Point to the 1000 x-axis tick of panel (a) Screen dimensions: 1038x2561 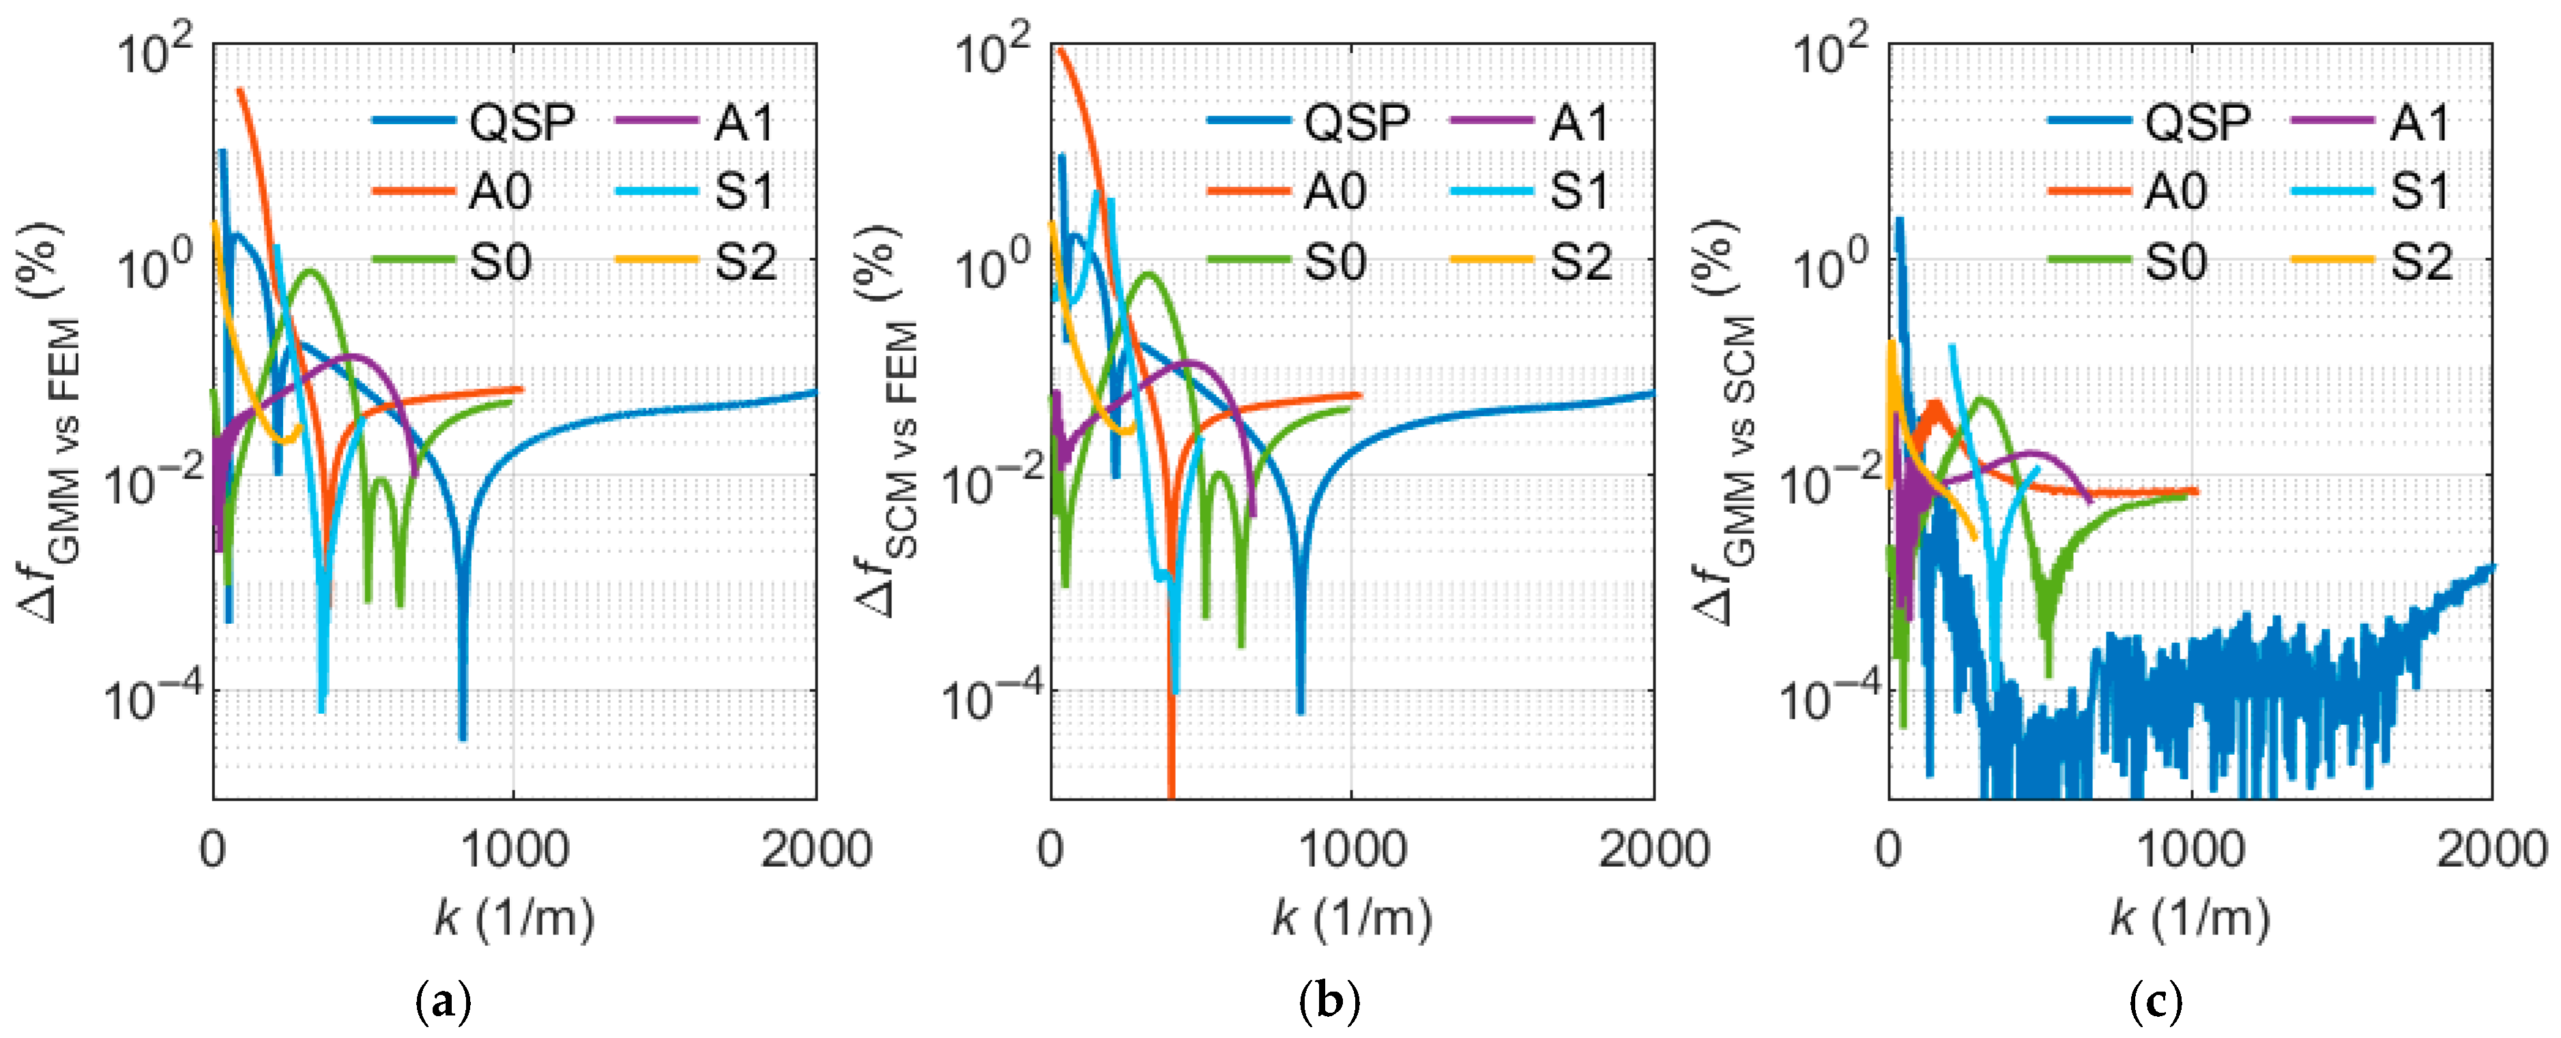tap(514, 851)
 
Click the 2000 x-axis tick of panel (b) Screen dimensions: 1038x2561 tap(1653, 851)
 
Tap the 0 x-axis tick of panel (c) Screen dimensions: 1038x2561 tap(1889, 851)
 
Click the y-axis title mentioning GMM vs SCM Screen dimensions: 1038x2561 tap(1728, 422)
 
